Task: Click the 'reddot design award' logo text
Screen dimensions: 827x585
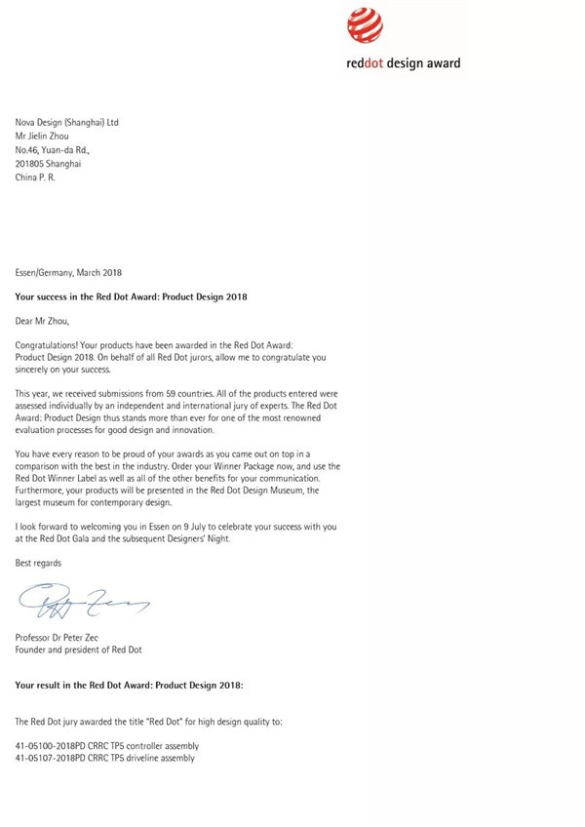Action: click(x=404, y=63)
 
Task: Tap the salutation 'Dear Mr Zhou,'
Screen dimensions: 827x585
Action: click(x=43, y=318)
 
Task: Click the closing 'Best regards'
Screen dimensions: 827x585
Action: click(x=38, y=563)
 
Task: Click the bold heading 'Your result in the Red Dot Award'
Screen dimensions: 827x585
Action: click(x=130, y=685)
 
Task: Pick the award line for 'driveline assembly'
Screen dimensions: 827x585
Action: click(x=105, y=758)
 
